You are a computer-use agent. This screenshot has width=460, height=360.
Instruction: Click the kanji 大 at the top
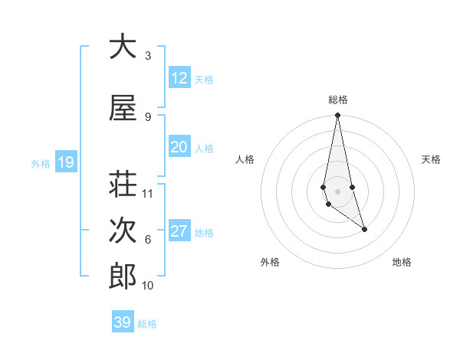123,47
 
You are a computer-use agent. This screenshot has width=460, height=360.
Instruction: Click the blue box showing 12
179,78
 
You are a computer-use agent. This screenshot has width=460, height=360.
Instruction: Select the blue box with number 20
179,147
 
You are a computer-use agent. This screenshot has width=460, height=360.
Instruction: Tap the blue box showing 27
179,231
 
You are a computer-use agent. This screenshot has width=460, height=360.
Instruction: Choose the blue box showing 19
66,162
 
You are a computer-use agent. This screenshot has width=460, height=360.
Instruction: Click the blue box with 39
123,322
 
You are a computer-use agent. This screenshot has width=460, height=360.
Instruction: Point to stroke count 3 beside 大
148,56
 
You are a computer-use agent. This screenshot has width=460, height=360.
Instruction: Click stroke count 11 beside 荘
148,194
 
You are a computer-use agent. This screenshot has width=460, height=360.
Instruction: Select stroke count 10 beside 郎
148,286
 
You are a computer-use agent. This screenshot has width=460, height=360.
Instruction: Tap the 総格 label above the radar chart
337,100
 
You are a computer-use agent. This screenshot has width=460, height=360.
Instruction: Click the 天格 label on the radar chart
431,159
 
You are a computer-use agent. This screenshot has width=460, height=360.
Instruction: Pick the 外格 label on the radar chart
270,262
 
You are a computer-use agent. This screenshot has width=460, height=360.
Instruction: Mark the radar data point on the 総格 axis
337,115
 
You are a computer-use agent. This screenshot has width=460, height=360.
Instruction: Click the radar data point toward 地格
364,229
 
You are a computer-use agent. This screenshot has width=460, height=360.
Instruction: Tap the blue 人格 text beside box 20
204,148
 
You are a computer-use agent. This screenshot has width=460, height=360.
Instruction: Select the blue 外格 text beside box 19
41,163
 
